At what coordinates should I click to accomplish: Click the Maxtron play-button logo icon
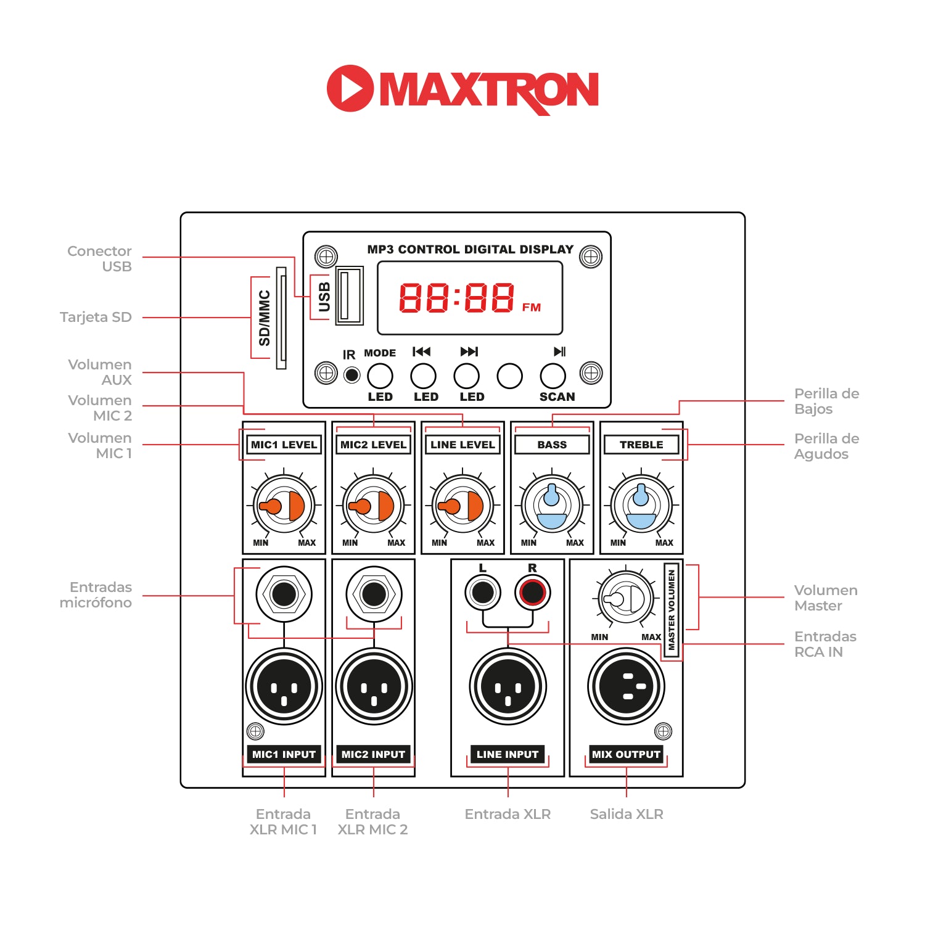pyautogui.click(x=350, y=88)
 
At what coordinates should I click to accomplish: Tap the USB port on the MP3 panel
pyautogui.click(x=349, y=295)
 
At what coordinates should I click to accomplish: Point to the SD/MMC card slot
pyautogui.click(x=281, y=318)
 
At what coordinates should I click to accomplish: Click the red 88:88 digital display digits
pyautogui.click(x=456, y=298)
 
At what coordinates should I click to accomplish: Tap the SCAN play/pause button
pyautogui.click(x=553, y=376)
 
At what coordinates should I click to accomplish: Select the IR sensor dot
pyautogui.click(x=351, y=375)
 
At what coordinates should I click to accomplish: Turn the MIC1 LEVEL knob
pyautogui.click(x=284, y=506)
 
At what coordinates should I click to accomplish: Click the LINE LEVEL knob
pyautogui.click(x=462, y=506)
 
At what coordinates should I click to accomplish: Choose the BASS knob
pyautogui.click(x=552, y=506)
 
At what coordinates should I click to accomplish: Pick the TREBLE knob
pyautogui.click(x=641, y=506)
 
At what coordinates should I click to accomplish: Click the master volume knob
pyautogui.click(x=626, y=598)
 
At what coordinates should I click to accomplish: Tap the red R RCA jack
pyautogui.click(x=532, y=593)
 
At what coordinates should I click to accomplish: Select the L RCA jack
pyautogui.click(x=482, y=593)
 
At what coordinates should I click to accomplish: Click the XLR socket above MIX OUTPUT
pyautogui.click(x=626, y=686)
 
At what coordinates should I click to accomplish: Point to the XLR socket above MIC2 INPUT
pyautogui.click(x=374, y=686)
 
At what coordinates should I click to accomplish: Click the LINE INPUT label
pyautogui.click(x=508, y=754)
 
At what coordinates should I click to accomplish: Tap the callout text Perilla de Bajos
pyautogui.click(x=826, y=401)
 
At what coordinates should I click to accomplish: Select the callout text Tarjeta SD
pyautogui.click(x=96, y=317)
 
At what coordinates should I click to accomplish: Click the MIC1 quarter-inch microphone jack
pyautogui.click(x=284, y=594)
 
